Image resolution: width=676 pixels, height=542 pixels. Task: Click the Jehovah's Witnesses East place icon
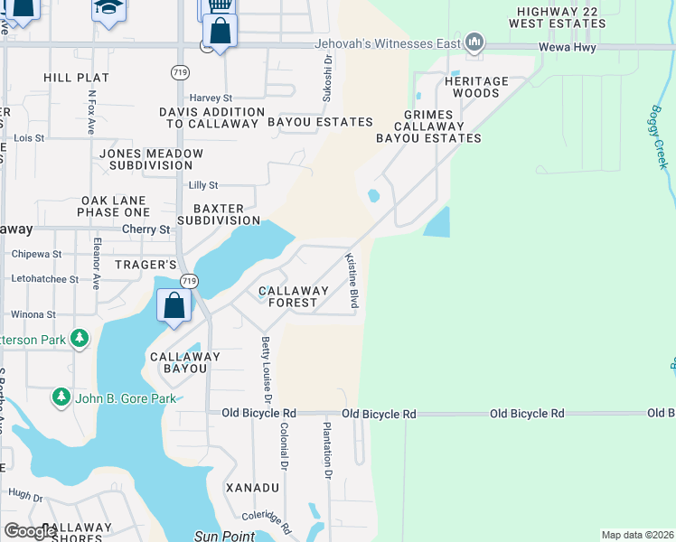pyautogui.click(x=474, y=42)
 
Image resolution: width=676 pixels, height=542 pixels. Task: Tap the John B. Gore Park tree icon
pyautogui.click(x=61, y=397)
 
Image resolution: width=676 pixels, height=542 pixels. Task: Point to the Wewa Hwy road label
pyautogui.click(x=567, y=47)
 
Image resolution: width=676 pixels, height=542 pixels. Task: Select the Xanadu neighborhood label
pyautogui.click(x=252, y=488)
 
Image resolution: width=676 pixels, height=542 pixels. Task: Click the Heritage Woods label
pyautogui.click(x=476, y=87)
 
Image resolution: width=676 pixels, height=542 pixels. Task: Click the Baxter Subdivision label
pyautogui.click(x=219, y=213)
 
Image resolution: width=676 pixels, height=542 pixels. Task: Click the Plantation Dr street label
pyautogui.click(x=326, y=448)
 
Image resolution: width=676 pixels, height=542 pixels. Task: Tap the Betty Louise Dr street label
pyautogui.click(x=267, y=370)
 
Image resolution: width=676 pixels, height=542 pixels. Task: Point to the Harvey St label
pyautogui.click(x=211, y=98)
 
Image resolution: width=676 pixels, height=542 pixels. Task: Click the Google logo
pyautogui.click(x=30, y=531)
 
